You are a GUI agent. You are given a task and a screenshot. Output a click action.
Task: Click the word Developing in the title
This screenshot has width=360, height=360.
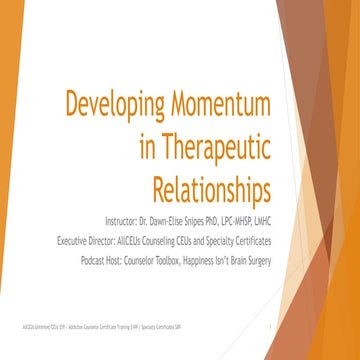click(111, 105)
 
